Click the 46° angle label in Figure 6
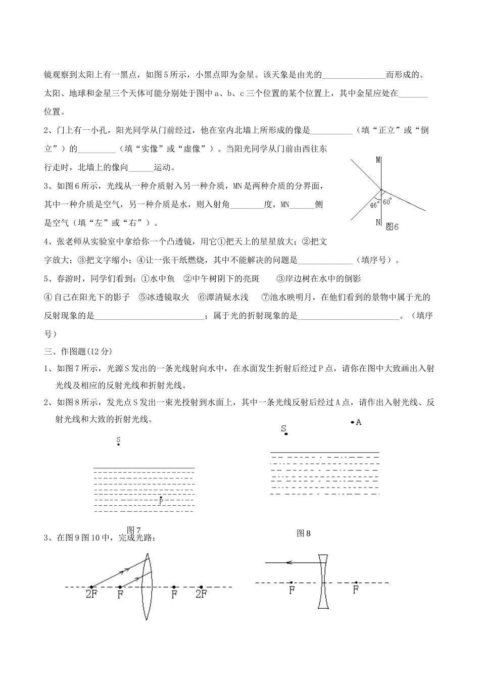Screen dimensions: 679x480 coord(374,205)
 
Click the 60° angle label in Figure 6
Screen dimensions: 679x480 coord(387,202)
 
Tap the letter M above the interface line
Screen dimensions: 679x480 coord(378,160)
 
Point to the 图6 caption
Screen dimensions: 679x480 coord(392,227)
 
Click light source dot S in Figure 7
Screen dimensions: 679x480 coord(118,445)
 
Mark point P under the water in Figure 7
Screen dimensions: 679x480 coord(161,498)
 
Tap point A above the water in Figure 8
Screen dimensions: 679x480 coord(353,422)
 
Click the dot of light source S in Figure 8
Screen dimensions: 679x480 coord(286,433)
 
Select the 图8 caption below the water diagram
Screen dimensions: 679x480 coord(304,532)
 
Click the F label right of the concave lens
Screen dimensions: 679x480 coord(356,589)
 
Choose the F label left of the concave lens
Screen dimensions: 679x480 coord(292,589)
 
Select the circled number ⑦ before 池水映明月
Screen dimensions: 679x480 coord(266,297)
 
